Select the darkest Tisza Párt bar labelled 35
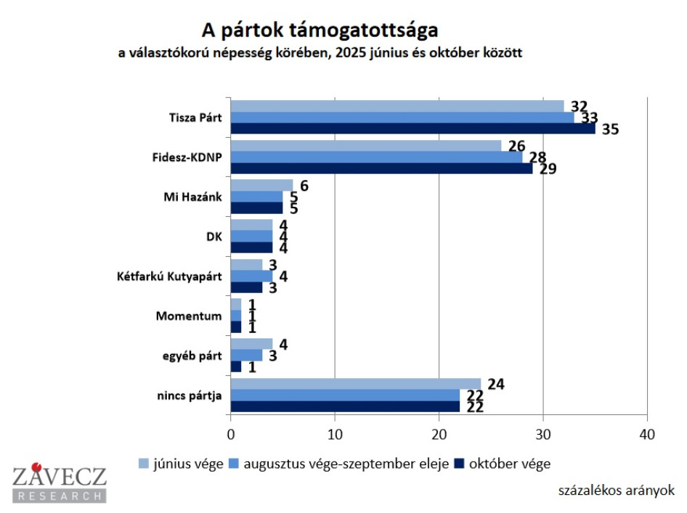pyautogui.click(x=412, y=128)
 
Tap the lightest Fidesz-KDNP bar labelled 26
pyautogui.click(x=365, y=146)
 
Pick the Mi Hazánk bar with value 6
pyautogui.click(x=261, y=186)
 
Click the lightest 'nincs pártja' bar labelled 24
pyautogui.click(x=355, y=384)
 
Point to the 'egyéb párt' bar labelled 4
pyautogui.click(x=251, y=344)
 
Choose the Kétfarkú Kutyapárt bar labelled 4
pyautogui.click(x=251, y=276)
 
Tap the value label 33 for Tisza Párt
pyautogui.click(x=589, y=118)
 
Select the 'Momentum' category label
pyautogui.click(x=189, y=316)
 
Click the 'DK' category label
pyautogui.click(x=214, y=237)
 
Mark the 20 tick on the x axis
pyautogui.click(x=439, y=435)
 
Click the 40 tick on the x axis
pyautogui.click(x=646, y=435)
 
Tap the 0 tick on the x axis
pyautogui.click(x=231, y=435)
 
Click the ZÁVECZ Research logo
pyautogui.click(x=59, y=483)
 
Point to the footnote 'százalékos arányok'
pyautogui.click(x=617, y=490)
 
